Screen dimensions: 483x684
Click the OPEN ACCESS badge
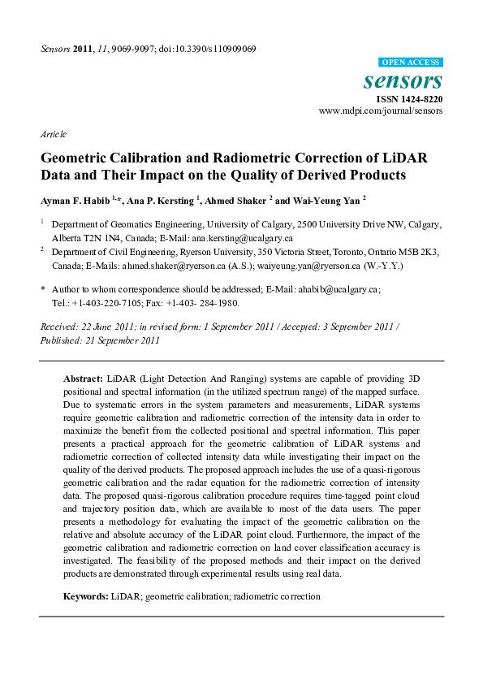click(411, 63)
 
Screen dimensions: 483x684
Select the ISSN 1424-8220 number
click(409, 99)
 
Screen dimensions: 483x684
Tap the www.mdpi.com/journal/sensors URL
click(381, 110)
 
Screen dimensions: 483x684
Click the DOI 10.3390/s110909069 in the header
click(215, 49)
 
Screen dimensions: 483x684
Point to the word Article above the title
click(54, 134)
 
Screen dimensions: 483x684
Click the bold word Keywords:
click(86, 596)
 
